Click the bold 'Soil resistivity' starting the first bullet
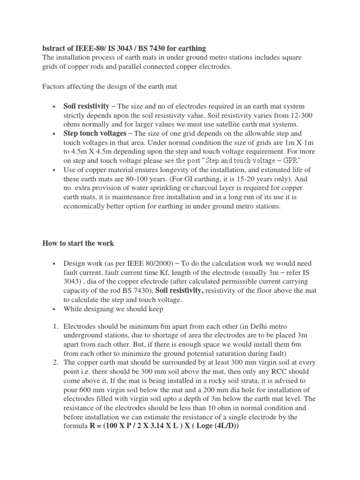86,106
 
